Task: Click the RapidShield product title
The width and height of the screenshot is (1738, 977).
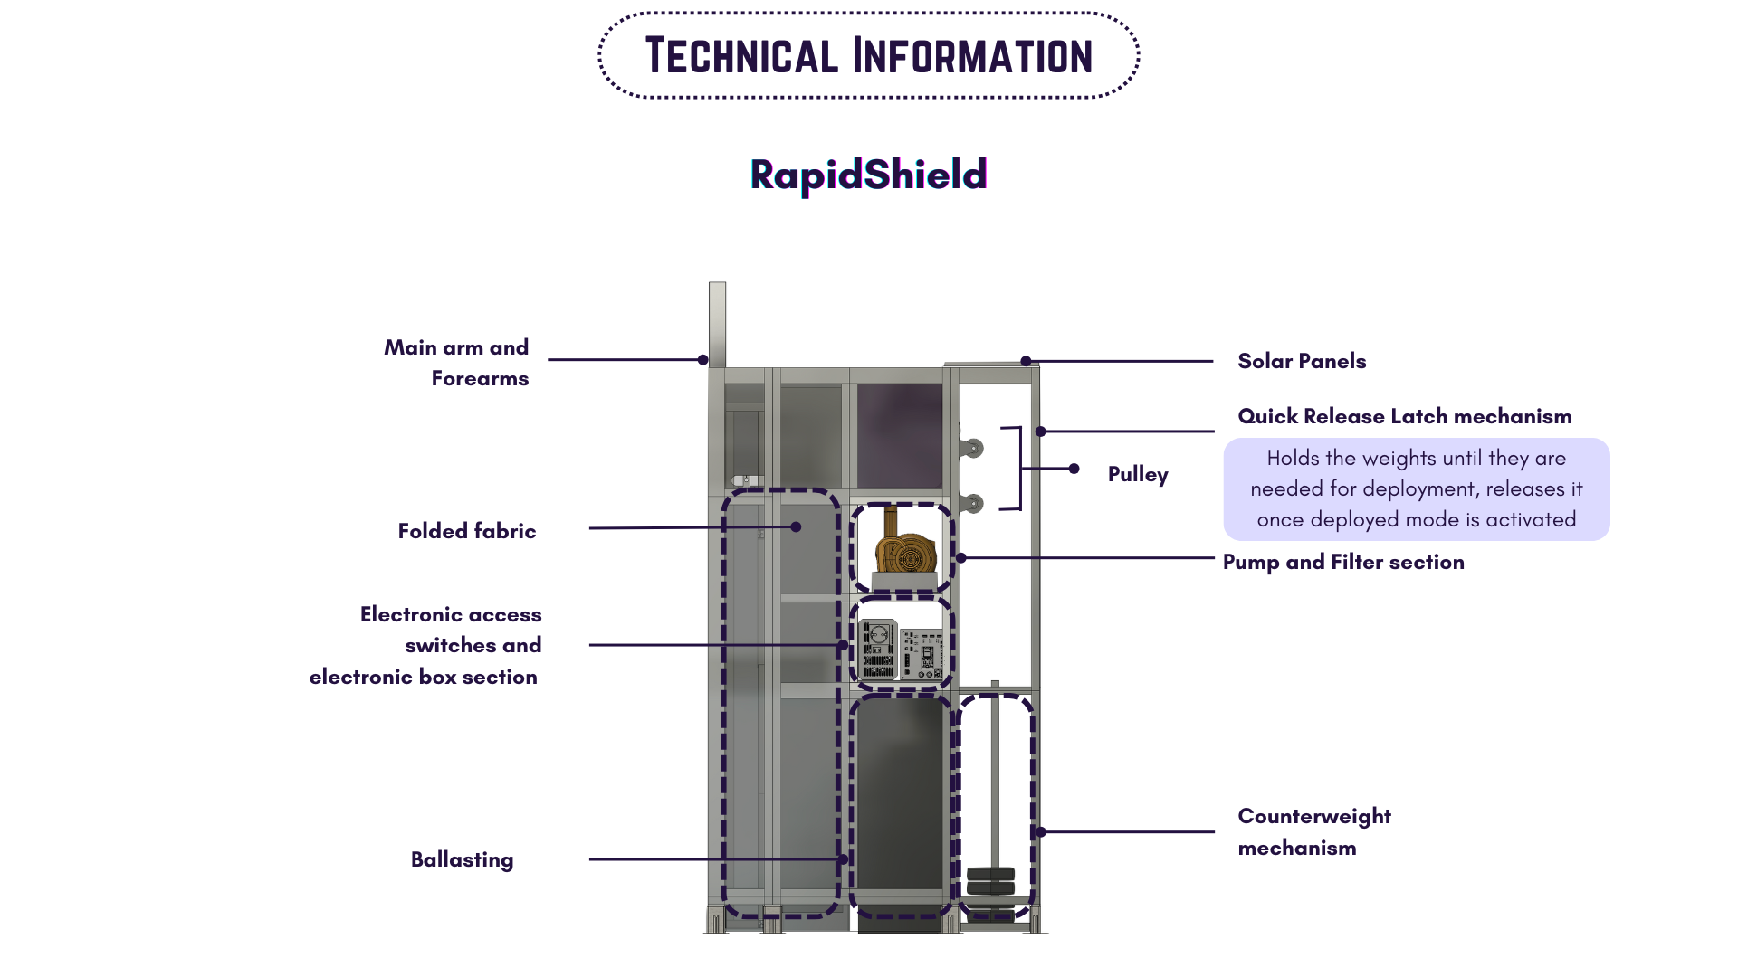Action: pyautogui.click(x=868, y=175)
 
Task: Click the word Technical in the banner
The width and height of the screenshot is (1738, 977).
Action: pyautogui.click(x=741, y=56)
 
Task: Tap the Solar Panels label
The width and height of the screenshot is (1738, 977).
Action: pyautogui.click(x=1301, y=361)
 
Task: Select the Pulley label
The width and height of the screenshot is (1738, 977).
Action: pyautogui.click(x=1137, y=474)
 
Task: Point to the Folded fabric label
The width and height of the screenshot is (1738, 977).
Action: pyautogui.click(x=466, y=531)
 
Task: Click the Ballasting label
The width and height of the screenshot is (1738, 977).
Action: pyautogui.click(x=462, y=859)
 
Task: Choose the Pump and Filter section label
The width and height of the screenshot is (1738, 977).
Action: pyautogui.click(x=1342, y=562)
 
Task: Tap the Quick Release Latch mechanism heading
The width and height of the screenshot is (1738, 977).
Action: pyautogui.click(x=1404, y=416)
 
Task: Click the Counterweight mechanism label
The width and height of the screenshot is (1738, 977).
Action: pyautogui.click(x=1313, y=831)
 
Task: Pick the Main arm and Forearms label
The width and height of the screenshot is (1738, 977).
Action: pyautogui.click(x=456, y=363)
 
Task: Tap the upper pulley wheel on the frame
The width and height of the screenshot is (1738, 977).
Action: pyautogui.click(x=974, y=448)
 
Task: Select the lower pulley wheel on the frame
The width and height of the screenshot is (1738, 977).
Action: pyautogui.click(x=974, y=503)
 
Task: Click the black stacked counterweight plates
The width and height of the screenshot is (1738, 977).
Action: pyautogui.click(x=990, y=881)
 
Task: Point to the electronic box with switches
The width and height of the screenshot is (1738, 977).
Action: pyautogui.click(x=901, y=649)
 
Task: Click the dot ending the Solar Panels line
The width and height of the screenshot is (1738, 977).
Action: pyautogui.click(x=1026, y=361)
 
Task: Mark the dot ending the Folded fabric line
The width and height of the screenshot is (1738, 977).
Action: pyautogui.click(x=796, y=526)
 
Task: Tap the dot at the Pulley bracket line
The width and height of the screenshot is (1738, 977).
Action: pyautogui.click(x=1074, y=469)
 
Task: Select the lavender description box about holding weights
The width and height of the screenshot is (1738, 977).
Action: pyautogui.click(x=1416, y=489)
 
